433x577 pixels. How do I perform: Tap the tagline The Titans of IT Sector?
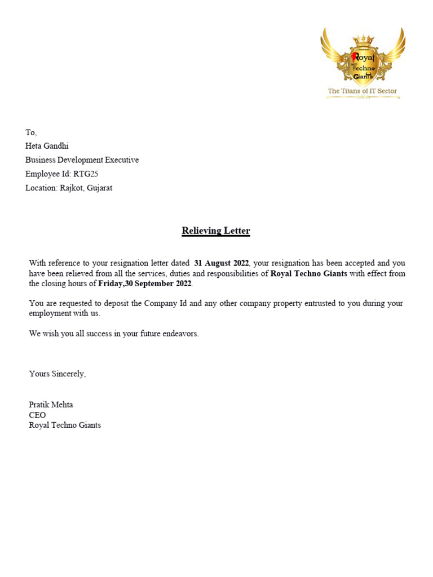pyautogui.click(x=363, y=91)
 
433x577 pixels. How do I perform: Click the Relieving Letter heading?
pyautogui.click(x=215, y=231)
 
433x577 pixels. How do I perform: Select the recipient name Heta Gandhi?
pyautogui.click(x=47, y=146)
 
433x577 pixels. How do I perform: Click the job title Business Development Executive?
pyautogui.click(x=82, y=160)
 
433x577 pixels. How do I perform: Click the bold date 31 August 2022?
pyautogui.click(x=221, y=263)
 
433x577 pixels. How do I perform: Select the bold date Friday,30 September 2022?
pyautogui.click(x=145, y=283)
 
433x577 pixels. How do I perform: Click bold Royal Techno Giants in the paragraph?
pyautogui.click(x=309, y=273)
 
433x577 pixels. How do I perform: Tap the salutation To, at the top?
pyautogui.click(x=31, y=132)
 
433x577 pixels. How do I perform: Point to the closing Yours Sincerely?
pyautogui.click(x=58, y=374)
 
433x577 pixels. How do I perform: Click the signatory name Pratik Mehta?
pyautogui.click(x=51, y=405)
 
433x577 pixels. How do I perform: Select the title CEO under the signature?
pyautogui.click(x=37, y=415)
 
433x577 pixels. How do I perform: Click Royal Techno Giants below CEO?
pyautogui.click(x=65, y=425)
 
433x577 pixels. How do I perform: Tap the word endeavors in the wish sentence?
pyautogui.click(x=180, y=334)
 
